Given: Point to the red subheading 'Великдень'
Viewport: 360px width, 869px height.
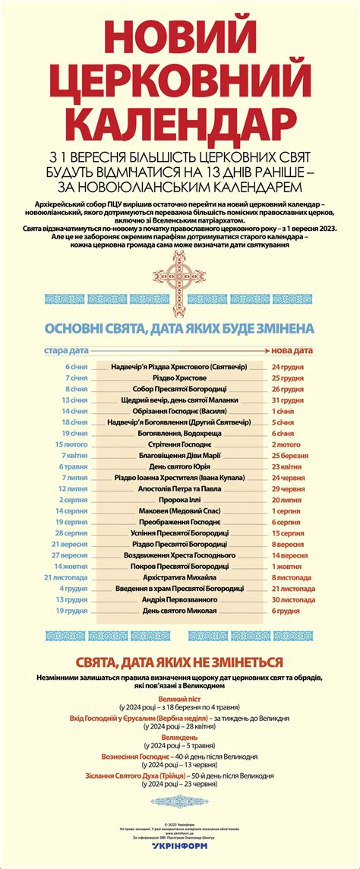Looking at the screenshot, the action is point(180,738).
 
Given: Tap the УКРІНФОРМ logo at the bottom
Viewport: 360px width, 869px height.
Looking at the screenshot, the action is point(179,855).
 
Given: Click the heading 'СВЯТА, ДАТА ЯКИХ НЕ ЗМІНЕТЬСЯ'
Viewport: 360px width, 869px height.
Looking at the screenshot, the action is point(179,662).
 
